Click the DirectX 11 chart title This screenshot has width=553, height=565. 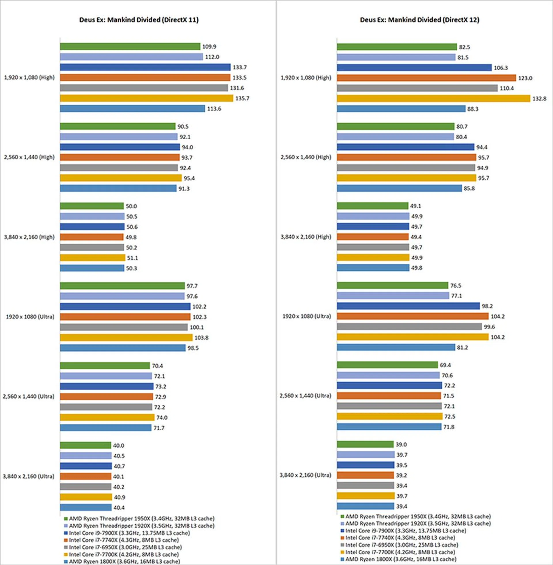[x=139, y=20]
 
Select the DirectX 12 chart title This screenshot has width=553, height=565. [x=419, y=20]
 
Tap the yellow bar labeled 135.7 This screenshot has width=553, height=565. [x=146, y=98]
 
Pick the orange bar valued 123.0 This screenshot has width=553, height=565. [x=426, y=78]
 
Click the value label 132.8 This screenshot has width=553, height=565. [x=539, y=99]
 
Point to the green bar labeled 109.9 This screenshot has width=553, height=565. [x=130, y=46]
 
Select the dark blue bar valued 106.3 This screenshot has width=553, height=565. [x=414, y=68]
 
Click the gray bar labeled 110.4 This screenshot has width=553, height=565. [x=417, y=88]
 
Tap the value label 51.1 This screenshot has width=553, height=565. [x=132, y=258]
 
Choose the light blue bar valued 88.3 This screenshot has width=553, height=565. [x=401, y=109]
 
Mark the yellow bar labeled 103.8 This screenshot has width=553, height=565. [x=126, y=338]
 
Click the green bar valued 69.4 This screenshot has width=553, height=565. [x=387, y=365]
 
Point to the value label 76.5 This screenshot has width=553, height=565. [x=455, y=286]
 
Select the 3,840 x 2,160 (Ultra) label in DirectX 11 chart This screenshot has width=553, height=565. [x=29, y=476]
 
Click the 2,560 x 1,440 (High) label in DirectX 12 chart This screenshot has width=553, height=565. [x=306, y=157]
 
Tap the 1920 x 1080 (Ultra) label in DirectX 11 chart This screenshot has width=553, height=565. [x=30, y=317]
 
